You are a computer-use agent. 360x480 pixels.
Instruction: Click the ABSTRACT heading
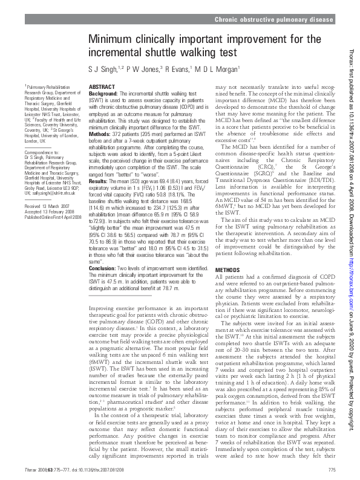[x=102, y=88]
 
